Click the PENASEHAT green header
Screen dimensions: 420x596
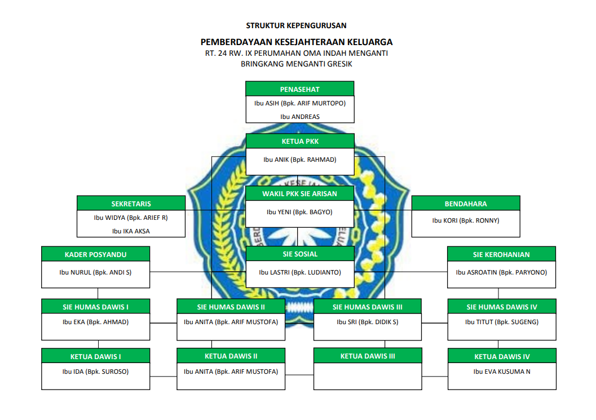[x=299, y=89]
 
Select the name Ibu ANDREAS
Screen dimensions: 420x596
[x=299, y=117]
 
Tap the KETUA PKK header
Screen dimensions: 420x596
[x=299, y=141]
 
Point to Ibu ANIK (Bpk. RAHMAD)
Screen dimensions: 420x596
[x=299, y=160]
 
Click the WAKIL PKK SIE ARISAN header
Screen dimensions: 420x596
[x=299, y=194]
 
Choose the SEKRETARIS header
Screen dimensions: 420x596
[x=131, y=204]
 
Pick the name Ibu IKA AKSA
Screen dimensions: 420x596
[x=131, y=231]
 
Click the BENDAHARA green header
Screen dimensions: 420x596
[x=466, y=204]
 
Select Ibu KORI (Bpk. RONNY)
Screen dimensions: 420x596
[x=466, y=220]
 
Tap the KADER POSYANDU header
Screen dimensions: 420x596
[x=96, y=254]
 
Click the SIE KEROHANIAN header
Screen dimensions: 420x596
[x=501, y=254]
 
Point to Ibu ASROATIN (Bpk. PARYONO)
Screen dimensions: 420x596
[x=501, y=272]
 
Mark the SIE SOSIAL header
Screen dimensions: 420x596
[x=299, y=254]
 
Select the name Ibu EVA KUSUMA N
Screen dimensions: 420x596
[x=501, y=372]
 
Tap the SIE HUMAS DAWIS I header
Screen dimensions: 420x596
[x=96, y=307]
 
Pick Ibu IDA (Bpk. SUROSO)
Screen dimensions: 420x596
[x=96, y=372]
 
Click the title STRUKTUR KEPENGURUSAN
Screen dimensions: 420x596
[x=296, y=25]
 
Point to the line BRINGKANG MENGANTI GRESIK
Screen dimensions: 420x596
[x=296, y=64]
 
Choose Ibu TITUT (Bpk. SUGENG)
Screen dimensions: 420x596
[x=501, y=322]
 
